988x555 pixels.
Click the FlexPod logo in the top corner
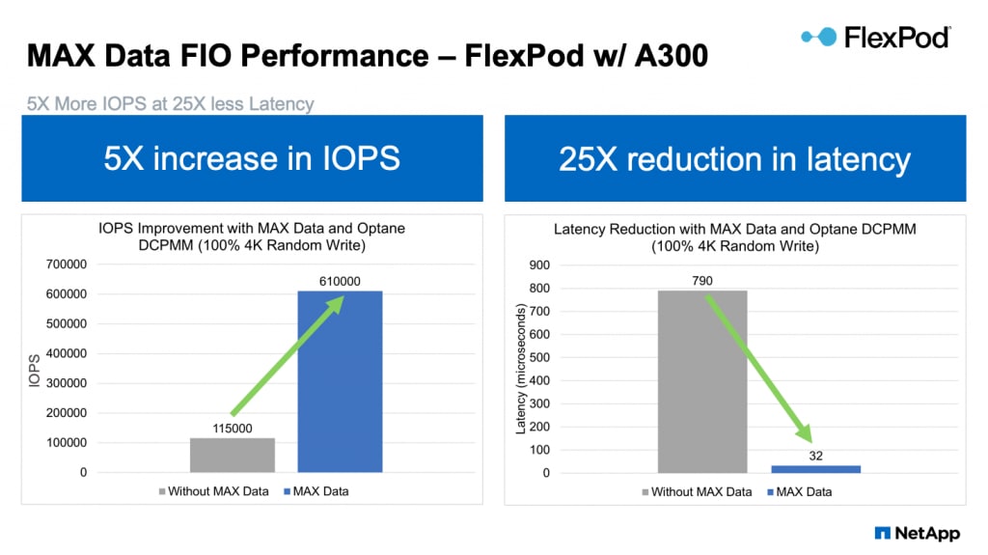click(x=875, y=38)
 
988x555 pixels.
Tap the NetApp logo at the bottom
click(x=916, y=532)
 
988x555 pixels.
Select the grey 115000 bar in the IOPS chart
click(x=233, y=456)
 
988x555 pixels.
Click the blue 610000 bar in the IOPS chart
click(x=340, y=381)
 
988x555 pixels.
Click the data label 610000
click(x=340, y=281)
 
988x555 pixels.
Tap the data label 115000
click(x=233, y=429)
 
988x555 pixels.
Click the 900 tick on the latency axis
click(x=538, y=264)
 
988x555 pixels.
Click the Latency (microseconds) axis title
click(x=521, y=368)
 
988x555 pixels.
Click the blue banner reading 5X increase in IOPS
click(x=252, y=158)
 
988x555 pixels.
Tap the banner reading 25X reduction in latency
click(x=735, y=158)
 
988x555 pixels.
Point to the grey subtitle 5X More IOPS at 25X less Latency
click(x=170, y=103)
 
